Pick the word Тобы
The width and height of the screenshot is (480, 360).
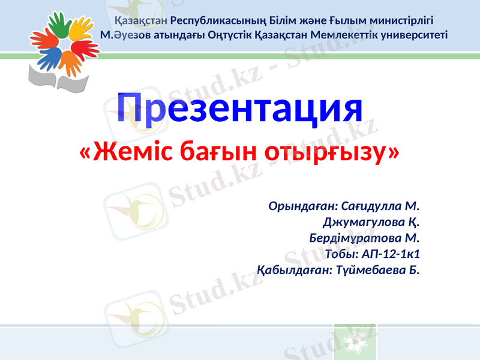(339, 254)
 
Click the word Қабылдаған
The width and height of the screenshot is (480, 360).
(293, 270)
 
